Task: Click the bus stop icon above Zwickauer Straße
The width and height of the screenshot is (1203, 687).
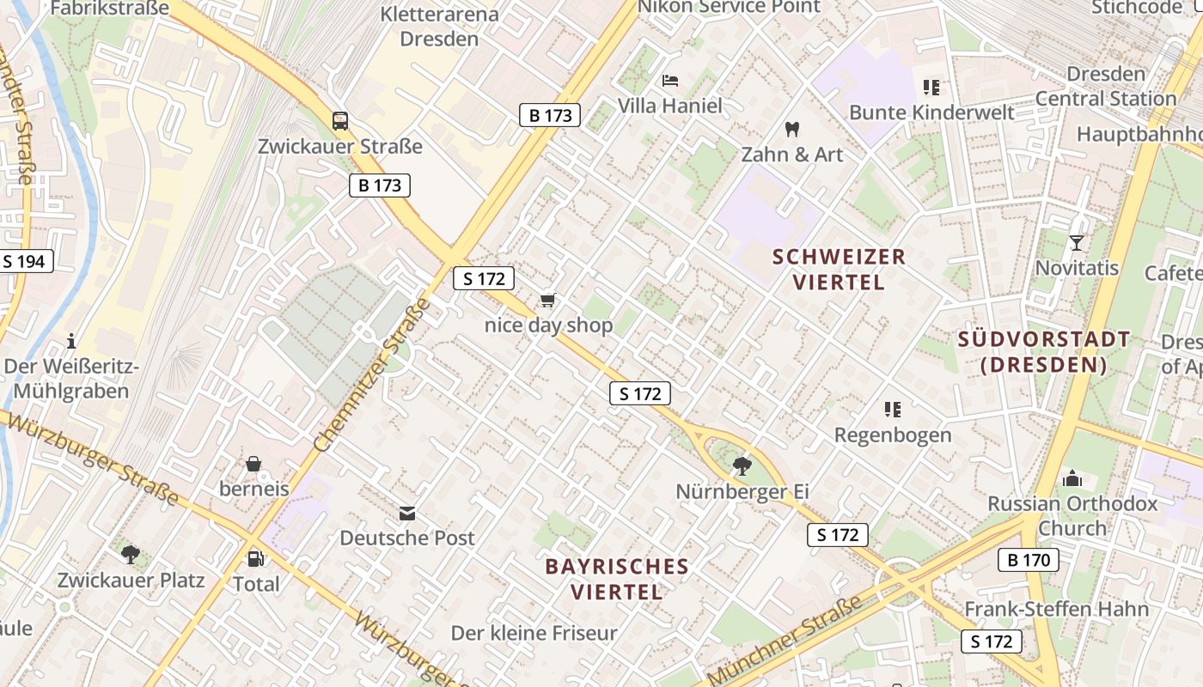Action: click(x=340, y=120)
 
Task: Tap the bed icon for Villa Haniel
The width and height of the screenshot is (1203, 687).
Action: click(x=670, y=82)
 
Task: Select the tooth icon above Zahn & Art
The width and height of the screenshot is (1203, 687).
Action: click(x=792, y=130)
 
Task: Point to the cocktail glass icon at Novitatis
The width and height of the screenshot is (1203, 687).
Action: click(x=1076, y=243)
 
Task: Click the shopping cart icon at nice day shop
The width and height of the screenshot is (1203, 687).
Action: click(x=548, y=301)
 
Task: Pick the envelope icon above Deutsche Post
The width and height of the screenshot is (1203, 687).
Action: click(x=407, y=514)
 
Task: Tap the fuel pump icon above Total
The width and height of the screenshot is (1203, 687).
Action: click(x=255, y=559)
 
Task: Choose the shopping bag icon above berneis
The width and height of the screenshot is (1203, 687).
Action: click(x=253, y=465)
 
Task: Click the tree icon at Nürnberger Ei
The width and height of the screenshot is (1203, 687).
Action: click(x=742, y=466)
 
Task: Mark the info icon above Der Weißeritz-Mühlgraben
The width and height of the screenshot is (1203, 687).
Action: click(x=71, y=341)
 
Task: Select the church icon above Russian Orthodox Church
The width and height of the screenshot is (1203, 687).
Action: click(x=1072, y=478)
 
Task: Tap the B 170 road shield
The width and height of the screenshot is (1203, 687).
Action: click(x=1029, y=561)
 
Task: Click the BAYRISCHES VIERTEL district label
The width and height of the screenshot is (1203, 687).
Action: click(x=617, y=579)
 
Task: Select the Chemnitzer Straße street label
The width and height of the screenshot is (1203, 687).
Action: click(x=372, y=377)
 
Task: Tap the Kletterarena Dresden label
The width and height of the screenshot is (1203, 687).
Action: click(x=439, y=27)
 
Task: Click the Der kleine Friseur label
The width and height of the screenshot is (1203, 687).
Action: click(x=534, y=634)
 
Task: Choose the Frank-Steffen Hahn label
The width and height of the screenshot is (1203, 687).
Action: click(x=1056, y=610)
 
